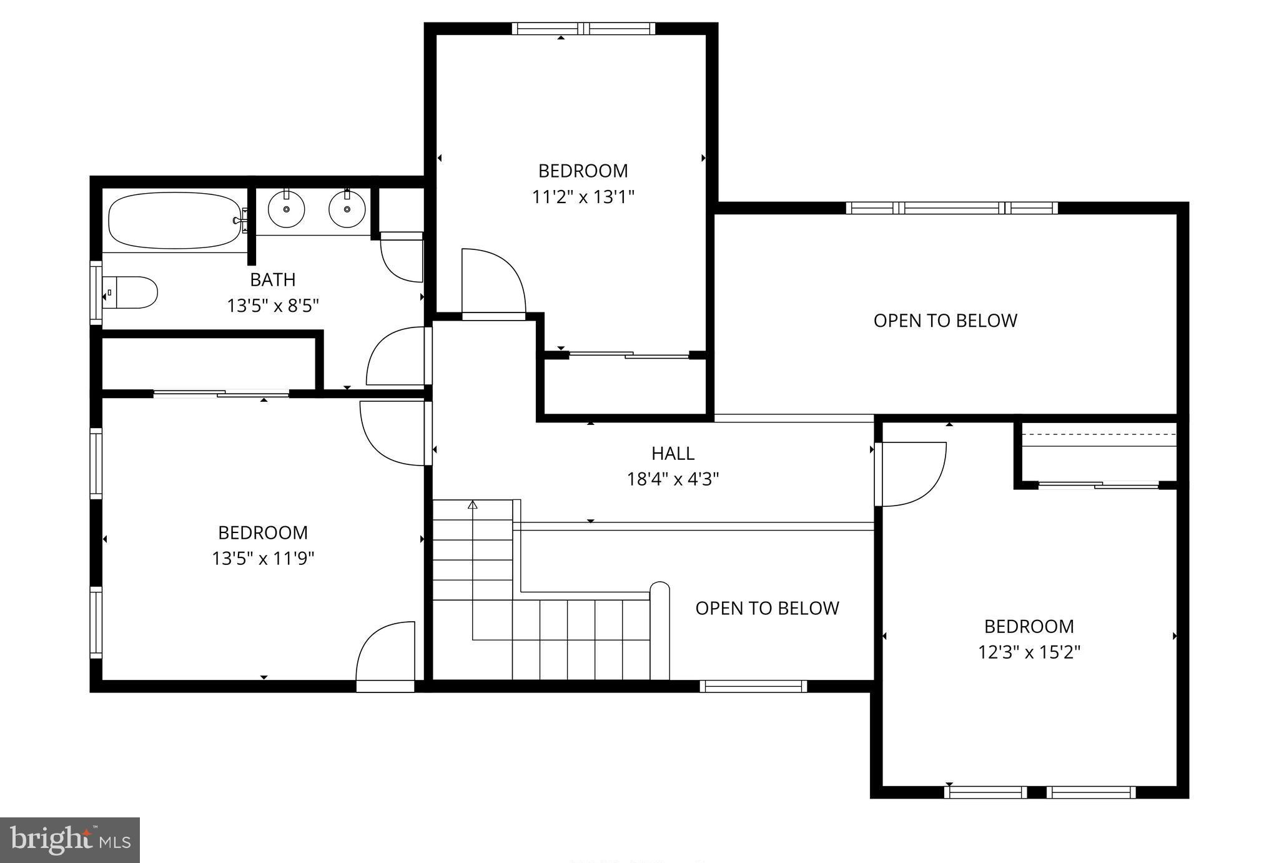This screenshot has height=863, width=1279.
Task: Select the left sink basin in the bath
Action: click(286, 209)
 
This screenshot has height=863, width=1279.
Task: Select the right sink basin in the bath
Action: click(347, 209)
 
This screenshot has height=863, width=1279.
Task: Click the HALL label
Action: click(673, 453)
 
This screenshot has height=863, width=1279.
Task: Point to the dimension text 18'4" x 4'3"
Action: click(673, 479)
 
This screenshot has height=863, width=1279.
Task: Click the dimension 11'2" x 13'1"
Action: click(583, 197)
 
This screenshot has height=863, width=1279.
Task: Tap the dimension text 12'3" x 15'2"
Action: click(1029, 652)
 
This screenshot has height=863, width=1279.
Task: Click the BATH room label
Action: click(272, 279)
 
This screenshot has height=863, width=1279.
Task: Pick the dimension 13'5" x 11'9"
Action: click(263, 558)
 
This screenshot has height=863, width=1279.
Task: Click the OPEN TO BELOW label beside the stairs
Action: click(767, 608)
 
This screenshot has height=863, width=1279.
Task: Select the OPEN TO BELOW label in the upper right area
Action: click(945, 321)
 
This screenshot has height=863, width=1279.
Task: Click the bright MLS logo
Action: click(69, 840)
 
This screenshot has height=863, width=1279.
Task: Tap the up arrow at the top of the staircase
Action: click(473, 504)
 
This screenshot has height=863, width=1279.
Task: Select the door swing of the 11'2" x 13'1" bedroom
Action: click(493, 281)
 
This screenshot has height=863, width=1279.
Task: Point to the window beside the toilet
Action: click(96, 293)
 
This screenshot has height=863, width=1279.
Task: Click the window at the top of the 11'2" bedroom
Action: click(583, 28)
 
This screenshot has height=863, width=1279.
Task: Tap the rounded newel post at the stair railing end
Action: click(659, 591)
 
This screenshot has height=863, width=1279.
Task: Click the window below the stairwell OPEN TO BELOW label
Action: click(753, 686)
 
